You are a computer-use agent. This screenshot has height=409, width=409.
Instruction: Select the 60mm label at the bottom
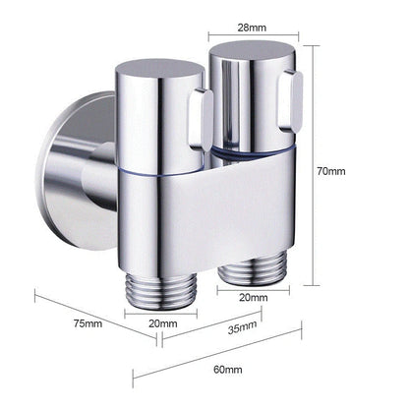(227, 369)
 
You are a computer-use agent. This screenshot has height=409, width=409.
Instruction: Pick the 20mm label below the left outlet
(163, 322)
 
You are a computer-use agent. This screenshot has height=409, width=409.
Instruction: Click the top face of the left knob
(157, 74)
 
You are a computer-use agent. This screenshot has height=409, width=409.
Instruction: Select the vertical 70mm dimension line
(313, 171)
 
